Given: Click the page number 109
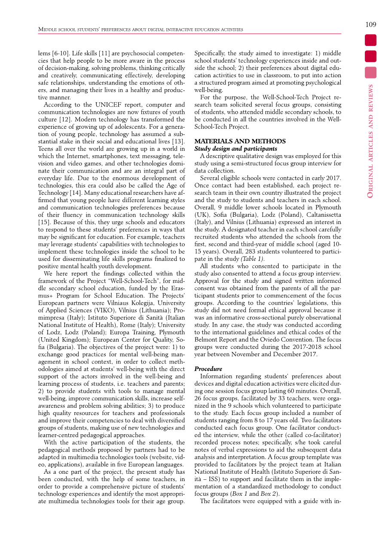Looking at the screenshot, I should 371,24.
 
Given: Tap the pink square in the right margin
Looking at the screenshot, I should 371,72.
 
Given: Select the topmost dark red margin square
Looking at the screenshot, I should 371,40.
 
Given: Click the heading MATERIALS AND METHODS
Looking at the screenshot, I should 240,141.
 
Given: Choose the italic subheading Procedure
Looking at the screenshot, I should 208,369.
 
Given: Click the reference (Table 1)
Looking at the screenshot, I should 252,259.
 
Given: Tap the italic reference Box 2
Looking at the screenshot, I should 270,494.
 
